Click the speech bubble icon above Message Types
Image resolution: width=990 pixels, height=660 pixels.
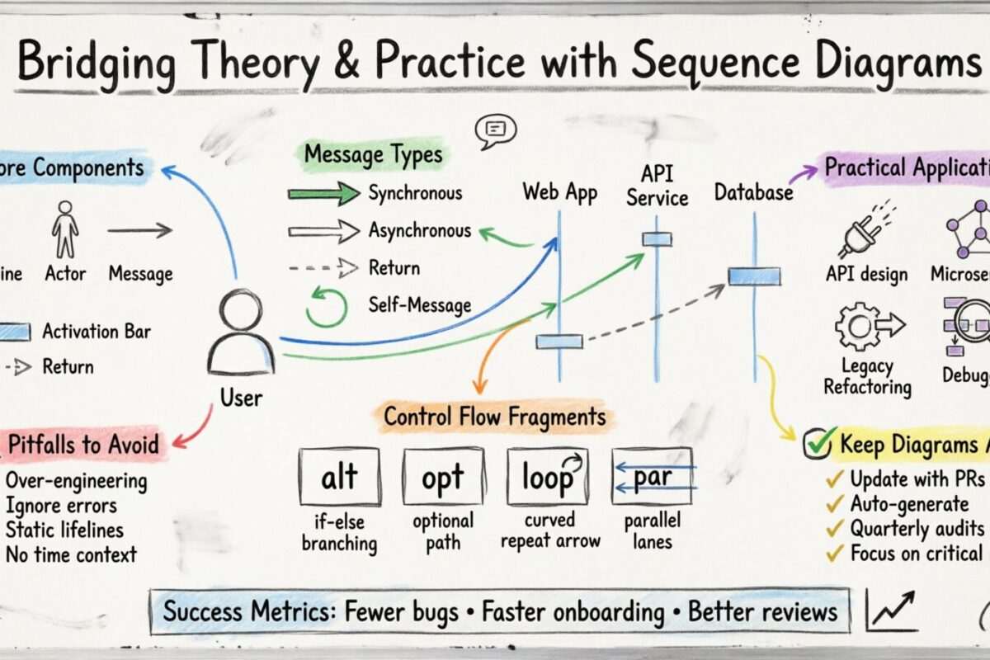click(496, 130)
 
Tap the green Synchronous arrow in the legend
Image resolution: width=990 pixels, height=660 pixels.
click(323, 195)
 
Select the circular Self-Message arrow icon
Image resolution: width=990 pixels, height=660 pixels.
click(327, 306)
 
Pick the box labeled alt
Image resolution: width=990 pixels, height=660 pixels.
click(339, 477)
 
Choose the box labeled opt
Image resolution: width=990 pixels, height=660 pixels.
click(443, 477)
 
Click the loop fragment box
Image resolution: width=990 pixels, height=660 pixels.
click(548, 477)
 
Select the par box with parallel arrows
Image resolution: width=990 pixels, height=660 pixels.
click(653, 477)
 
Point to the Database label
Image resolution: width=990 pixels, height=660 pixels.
click(752, 193)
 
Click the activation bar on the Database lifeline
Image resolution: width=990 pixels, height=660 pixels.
click(753, 276)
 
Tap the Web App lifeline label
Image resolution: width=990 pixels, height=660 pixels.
click(560, 192)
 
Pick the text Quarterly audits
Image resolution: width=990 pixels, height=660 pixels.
click(917, 528)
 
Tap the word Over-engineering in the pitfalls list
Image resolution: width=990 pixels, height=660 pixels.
click(76, 481)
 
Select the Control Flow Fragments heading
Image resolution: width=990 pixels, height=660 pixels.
click(494, 417)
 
